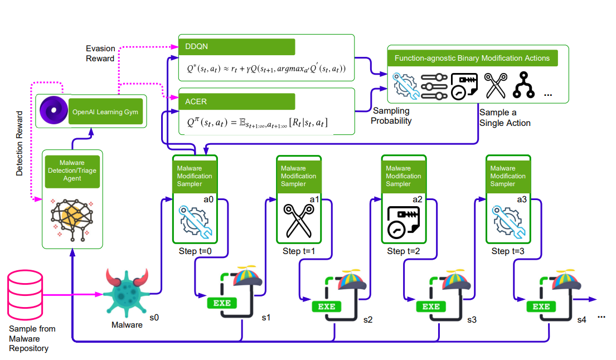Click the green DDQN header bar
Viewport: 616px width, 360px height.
tap(237, 47)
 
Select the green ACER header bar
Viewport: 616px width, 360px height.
tap(237, 101)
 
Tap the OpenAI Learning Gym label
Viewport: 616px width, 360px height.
tap(105, 112)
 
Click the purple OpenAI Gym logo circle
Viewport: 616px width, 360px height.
tap(54, 110)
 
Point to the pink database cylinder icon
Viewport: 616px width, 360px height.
tap(25, 295)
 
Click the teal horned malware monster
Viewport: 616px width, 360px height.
tap(127, 293)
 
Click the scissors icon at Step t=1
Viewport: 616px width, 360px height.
tap(299, 221)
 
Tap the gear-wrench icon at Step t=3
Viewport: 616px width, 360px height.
tap(508, 222)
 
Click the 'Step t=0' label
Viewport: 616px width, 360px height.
tap(195, 251)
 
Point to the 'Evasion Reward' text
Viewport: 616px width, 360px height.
tap(100, 53)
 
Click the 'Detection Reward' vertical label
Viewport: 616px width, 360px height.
tap(20, 143)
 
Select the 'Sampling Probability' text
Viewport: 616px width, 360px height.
tap(391, 116)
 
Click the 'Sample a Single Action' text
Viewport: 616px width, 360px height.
tap(505, 118)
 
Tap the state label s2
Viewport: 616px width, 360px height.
tap(368, 320)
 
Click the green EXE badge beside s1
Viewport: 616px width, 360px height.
tap(222, 303)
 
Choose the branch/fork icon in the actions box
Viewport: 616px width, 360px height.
tap(523, 85)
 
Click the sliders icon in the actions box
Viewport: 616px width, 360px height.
tap(434, 86)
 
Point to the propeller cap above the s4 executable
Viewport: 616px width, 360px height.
tap(566, 280)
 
